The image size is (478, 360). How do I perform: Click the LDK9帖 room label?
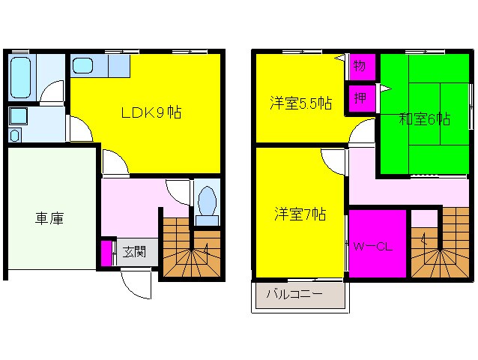coord(151,113)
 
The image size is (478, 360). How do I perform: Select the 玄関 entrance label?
coord(134,253)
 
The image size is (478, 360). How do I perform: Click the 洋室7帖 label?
coord(299,214)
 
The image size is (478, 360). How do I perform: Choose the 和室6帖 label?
coord(424,118)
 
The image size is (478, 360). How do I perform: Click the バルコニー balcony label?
coord(300,295)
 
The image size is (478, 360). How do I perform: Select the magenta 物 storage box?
coord(359,66)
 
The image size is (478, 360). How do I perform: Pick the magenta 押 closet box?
coord(359,97)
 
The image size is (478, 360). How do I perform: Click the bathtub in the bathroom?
coord(22,76)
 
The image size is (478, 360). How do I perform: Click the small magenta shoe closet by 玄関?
coord(106,253)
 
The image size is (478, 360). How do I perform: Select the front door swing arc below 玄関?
coord(136,281)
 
